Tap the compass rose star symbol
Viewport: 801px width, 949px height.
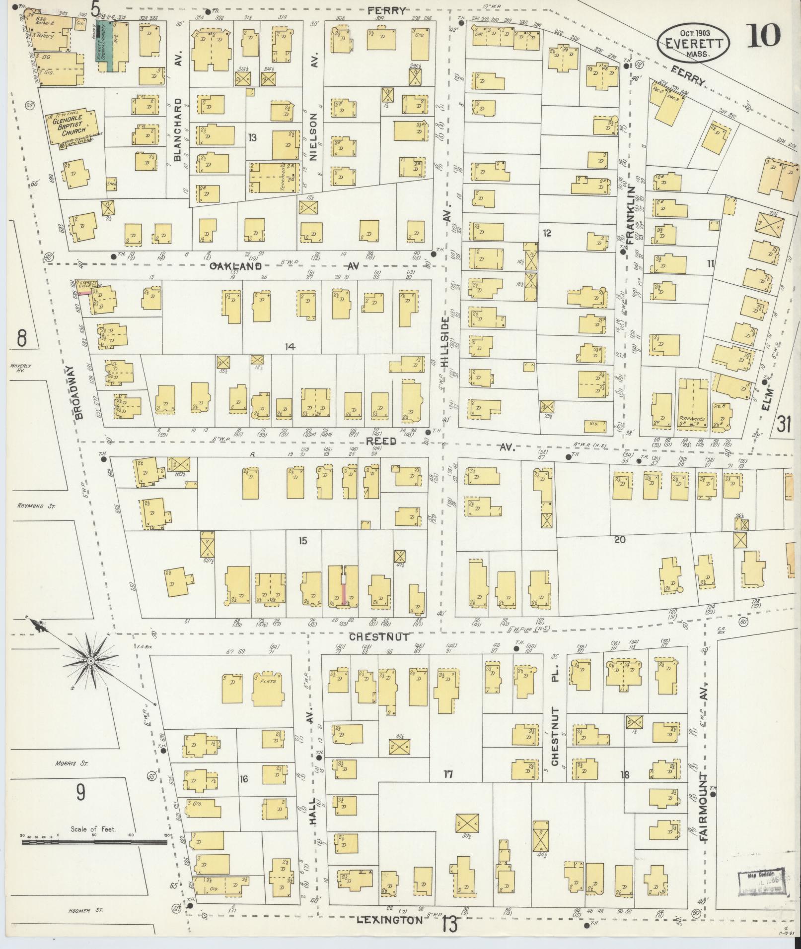[91, 661]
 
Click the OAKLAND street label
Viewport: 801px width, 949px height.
[235, 266]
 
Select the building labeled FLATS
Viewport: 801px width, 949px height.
[268, 686]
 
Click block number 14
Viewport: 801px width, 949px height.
[290, 347]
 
